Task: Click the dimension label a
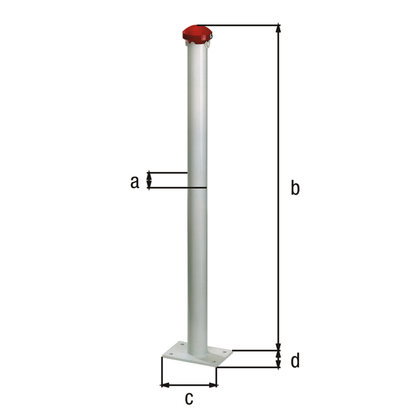pos(135,182)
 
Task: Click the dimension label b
pos(295,188)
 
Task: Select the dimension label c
pos(190,397)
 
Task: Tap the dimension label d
pos(295,360)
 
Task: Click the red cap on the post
pos(197,33)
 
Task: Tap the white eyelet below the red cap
pos(209,44)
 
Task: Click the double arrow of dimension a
pos(150,180)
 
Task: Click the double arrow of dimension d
pos(279,359)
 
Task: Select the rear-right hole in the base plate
pos(224,353)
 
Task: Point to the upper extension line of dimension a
pos(168,173)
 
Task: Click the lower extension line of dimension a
pos(178,188)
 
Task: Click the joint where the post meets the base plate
pos(198,353)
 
